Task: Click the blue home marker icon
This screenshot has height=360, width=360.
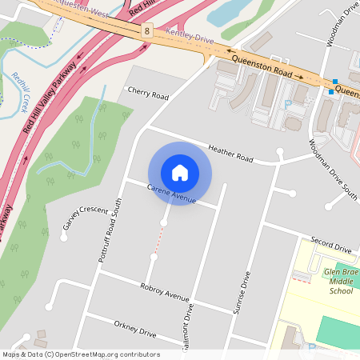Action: pos(180,173)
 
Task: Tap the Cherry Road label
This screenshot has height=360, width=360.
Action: pos(148,94)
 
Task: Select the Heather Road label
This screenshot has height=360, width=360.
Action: pos(230,153)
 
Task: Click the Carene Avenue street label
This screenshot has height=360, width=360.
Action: pos(171,192)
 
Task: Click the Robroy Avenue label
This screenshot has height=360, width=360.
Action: pos(164,291)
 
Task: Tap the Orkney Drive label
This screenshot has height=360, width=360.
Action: pos(135,329)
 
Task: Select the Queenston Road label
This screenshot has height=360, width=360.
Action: pos(262,66)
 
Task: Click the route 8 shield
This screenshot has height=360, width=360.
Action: pos(147,30)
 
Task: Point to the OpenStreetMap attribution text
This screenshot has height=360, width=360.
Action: pos(80,354)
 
